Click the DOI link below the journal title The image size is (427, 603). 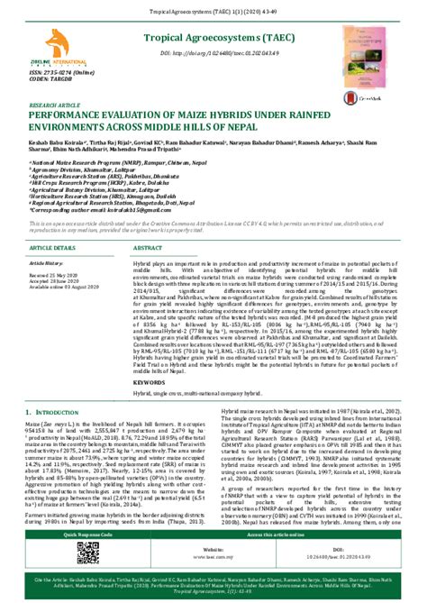click(204, 53)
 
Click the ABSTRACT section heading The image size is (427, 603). click(148, 246)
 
